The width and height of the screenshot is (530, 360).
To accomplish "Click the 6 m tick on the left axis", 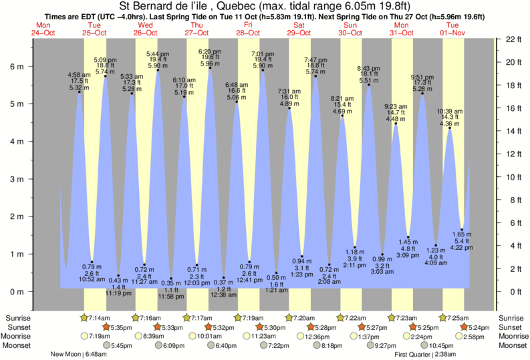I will pos(30,67).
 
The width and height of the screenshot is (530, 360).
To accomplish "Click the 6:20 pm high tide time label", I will pos(209,51).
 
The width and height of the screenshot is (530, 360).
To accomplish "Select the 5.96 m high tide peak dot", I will pos(210,67).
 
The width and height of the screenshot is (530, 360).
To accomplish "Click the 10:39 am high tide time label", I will pos(449,111).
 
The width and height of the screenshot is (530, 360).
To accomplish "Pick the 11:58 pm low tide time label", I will pos(171,297).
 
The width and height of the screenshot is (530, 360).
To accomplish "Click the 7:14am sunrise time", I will pos(98,317).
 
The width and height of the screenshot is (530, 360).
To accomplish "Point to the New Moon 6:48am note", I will pos(78,355).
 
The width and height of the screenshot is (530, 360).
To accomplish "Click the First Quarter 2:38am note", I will pos(425,355).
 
